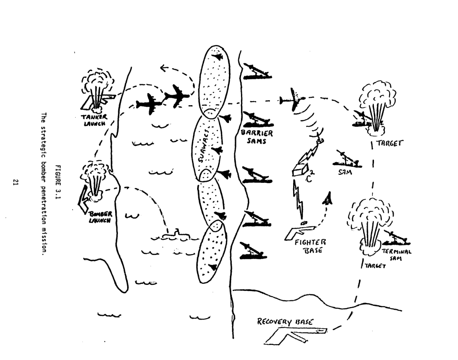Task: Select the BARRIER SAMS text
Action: tap(253, 137)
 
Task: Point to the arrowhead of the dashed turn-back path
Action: tap(162, 68)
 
